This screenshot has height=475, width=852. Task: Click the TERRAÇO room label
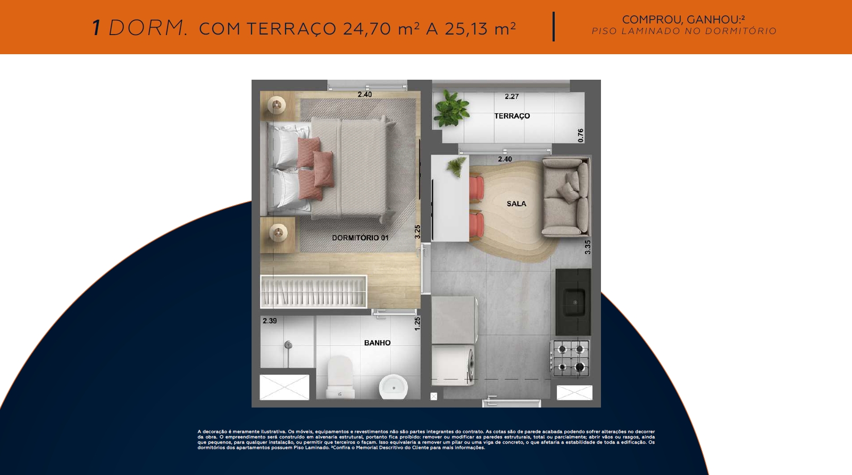(512, 116)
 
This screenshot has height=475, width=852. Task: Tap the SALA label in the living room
(516, 203)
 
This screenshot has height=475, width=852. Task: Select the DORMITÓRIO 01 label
(360, 238)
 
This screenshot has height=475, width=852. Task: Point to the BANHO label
(377, 343)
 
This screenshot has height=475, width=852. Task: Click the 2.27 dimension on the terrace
(512, 97)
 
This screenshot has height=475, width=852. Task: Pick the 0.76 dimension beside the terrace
(580, 135)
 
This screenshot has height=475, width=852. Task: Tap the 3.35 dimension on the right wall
(588, 247)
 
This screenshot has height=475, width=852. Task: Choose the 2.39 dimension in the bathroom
(270, 321)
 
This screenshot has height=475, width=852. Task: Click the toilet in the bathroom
(340, 377)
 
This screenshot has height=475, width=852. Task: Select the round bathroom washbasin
(393, 387)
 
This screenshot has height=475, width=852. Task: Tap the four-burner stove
(570, 358)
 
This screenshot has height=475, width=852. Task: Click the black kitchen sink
(573, 302)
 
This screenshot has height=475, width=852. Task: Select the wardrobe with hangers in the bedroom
(314, 292)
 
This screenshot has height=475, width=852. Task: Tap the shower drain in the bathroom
(288, 345)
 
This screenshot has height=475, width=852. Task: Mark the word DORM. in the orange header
(148, 29)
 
